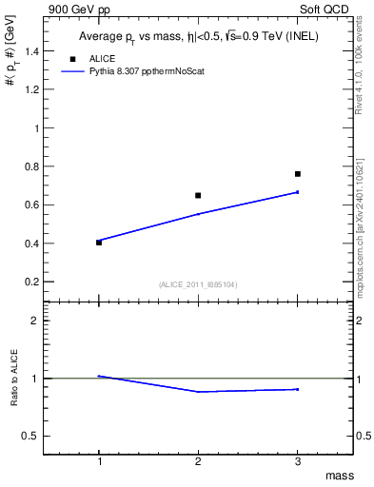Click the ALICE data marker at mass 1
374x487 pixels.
[99, 243]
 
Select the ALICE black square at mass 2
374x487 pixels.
[198, 195]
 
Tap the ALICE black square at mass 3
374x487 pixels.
[298, 174]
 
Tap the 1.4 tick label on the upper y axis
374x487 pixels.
[36, 51]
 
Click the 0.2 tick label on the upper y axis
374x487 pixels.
[36, 282]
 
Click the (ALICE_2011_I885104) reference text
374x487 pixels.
[198, 284]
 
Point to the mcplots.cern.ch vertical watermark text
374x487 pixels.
[361, 228]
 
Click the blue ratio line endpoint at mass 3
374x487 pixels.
[298, 389]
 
